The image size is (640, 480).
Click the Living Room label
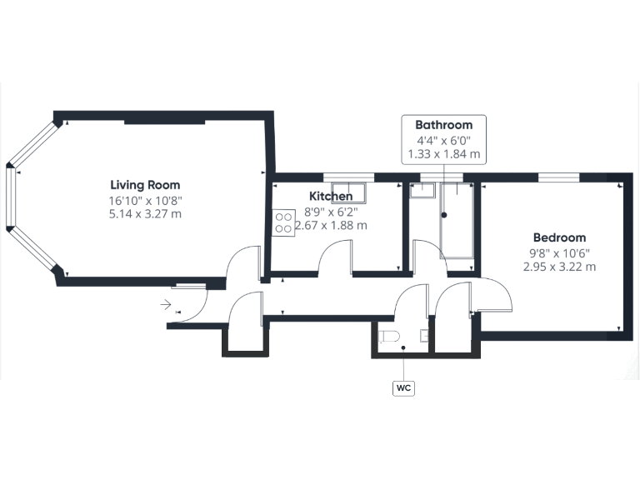[145, 185]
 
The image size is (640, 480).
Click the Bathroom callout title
[443, 125]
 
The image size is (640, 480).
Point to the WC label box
[404, 387]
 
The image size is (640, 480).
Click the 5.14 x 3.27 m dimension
[145, 214]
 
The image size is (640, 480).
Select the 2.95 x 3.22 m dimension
[559, 267]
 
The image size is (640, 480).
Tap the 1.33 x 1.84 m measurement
[443, 154]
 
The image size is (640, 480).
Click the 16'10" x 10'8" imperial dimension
[145, 200]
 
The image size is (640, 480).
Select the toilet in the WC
[387, 336]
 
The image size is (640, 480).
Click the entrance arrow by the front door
[167, 305]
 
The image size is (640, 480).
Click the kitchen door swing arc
[335, 254]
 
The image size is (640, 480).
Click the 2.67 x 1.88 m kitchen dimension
[331, 225]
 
